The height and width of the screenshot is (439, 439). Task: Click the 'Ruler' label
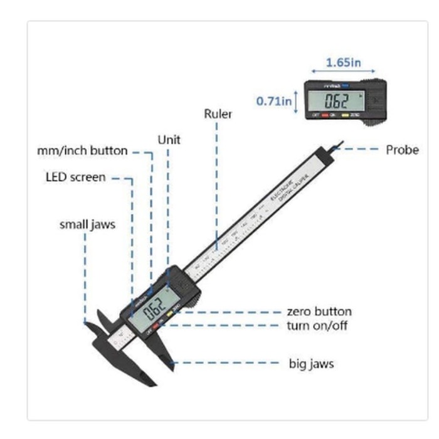click(x=218, y=114)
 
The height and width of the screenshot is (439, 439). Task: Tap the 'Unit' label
click(x=169, y=139)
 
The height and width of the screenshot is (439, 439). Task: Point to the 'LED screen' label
click(x=75, y=177)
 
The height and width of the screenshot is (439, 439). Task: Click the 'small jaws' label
click(x=87, y=224)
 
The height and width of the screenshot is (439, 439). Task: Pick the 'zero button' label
click(x=319, y=312)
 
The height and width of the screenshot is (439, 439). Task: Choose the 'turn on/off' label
click(x=317, y=325)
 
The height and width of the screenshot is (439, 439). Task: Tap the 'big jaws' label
click(x=311, y=363)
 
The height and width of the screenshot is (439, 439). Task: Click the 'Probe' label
click(x=402, y=149)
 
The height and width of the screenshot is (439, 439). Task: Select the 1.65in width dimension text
click(x=344, y=62)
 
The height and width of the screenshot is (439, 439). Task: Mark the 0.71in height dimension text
click(x=273, y=100)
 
